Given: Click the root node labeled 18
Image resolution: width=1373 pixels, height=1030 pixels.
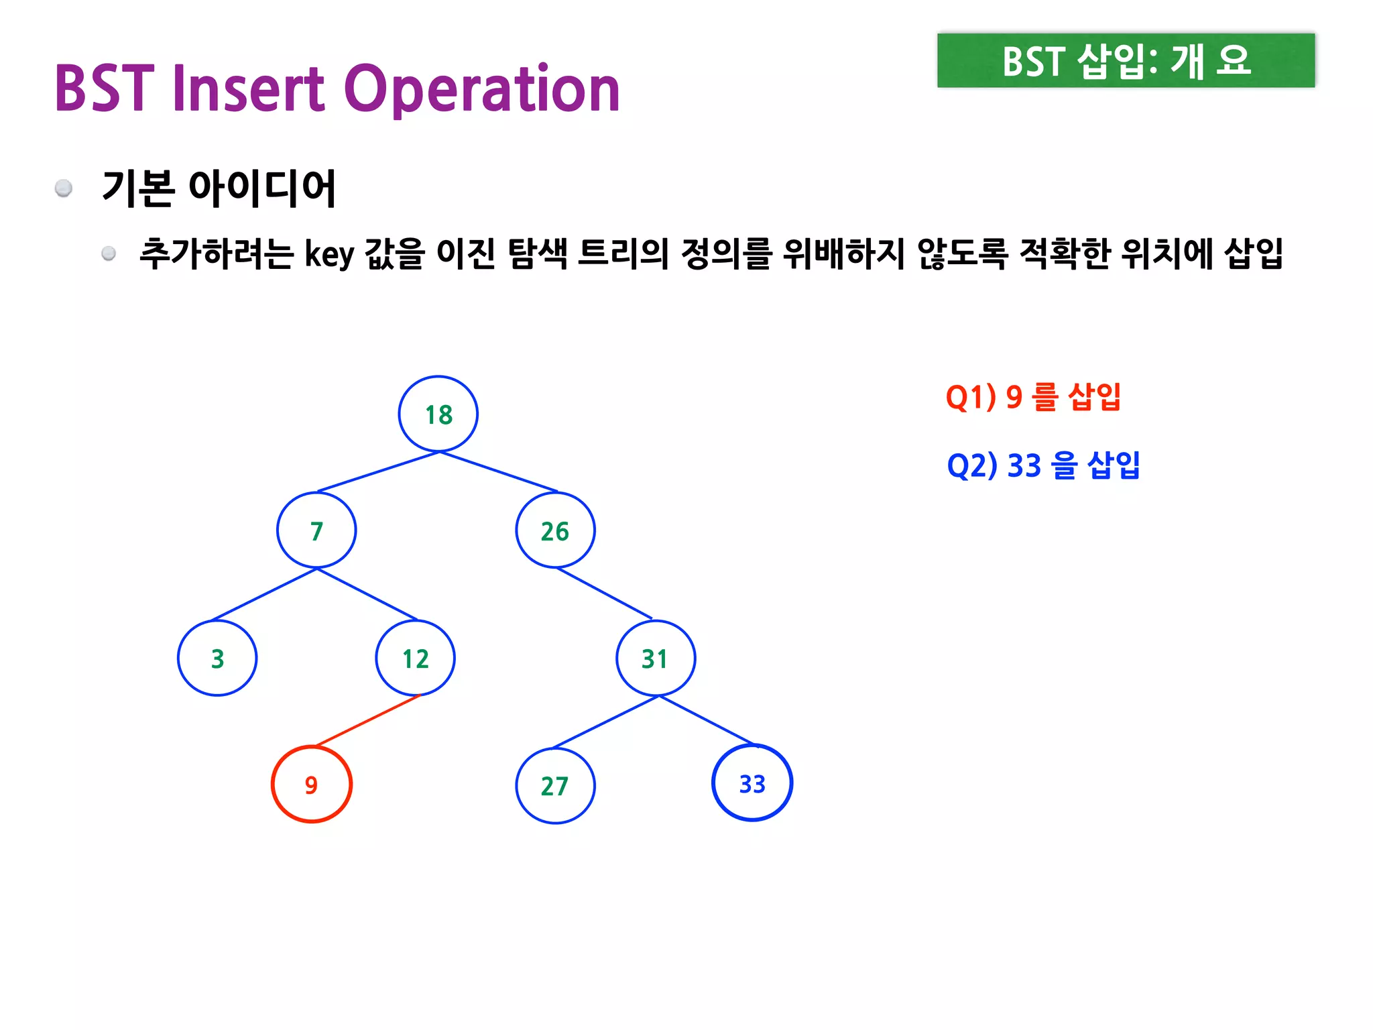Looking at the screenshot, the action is [438, 414].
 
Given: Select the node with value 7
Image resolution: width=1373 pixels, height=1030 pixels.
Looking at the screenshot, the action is [316, 530].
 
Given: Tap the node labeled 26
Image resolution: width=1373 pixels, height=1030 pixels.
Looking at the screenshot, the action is [555, 530].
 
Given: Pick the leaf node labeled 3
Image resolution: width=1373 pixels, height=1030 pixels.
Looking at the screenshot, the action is [217, 658].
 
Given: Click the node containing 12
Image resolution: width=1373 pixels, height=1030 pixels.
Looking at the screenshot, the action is [416, 658].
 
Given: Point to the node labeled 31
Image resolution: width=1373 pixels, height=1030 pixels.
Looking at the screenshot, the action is [655, 658].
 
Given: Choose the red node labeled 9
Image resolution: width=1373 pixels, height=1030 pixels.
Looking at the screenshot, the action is [312, 784].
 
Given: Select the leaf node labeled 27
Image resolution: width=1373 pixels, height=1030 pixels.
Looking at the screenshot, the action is [555, 785].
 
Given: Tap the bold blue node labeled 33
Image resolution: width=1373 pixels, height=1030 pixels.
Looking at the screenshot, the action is [752, 783].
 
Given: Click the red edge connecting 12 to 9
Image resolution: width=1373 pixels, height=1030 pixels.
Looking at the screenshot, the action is [367, 721].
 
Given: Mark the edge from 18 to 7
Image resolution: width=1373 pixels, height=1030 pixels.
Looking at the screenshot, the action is [378, 472].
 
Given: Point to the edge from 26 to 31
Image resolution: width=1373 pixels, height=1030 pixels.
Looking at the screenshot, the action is [604, 593].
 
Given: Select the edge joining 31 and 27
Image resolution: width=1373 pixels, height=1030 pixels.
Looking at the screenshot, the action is [605, 722].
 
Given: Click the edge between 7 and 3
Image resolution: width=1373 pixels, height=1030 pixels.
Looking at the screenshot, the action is [264, 594].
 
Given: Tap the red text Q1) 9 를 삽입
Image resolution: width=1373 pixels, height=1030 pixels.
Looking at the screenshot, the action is [1032, 397].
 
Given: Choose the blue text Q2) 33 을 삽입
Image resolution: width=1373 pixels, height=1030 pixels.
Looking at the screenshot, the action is [1043, 465].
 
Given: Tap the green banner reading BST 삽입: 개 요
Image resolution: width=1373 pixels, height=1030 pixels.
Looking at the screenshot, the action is [1126, 60].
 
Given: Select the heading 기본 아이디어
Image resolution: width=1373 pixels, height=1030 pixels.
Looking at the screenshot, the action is [219, 188].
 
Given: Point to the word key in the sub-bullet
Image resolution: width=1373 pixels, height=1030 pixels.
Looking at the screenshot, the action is [329, 255].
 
